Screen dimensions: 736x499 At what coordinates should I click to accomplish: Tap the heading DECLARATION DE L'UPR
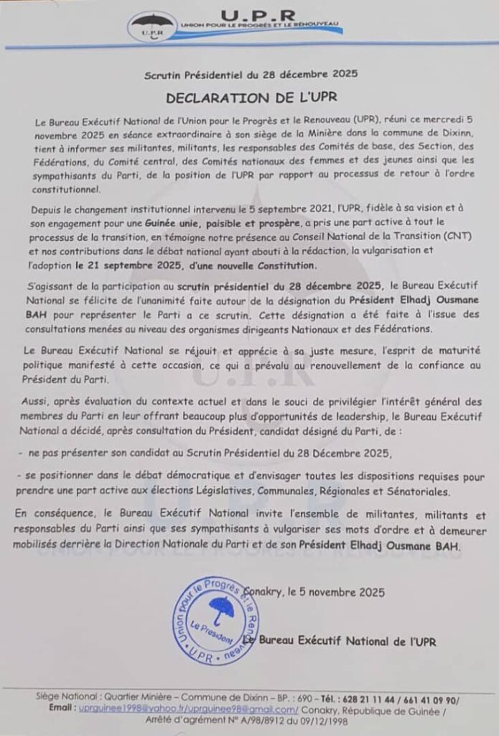coord(248,98)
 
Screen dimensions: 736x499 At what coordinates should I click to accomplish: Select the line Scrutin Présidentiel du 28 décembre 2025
coord(249,75)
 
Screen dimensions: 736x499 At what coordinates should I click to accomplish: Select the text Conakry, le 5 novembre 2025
coord(318,593)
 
